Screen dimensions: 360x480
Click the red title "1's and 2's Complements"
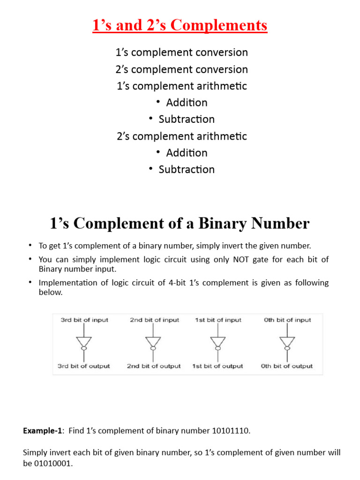coord(180,25)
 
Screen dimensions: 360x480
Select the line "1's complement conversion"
coord(182,52)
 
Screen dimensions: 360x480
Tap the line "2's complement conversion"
coord(182,69)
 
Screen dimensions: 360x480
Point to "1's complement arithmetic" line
coord(182,86)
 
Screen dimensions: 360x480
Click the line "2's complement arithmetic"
coord(182,136)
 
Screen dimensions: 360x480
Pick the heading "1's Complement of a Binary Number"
coord(180,224)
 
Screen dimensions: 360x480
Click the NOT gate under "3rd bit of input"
coord(84,343)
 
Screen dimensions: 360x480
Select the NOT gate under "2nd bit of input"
coord(153,343)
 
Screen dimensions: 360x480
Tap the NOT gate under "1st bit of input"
coord(218,343)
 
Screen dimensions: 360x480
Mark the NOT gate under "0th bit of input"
coord(287,343)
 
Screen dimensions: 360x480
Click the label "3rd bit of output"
coord(84,366)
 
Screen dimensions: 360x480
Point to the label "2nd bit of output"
coord(154,366)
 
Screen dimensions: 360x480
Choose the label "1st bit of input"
coord(218,320)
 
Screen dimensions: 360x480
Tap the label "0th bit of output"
coord(287,366)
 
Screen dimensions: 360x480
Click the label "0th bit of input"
coord(287,320)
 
